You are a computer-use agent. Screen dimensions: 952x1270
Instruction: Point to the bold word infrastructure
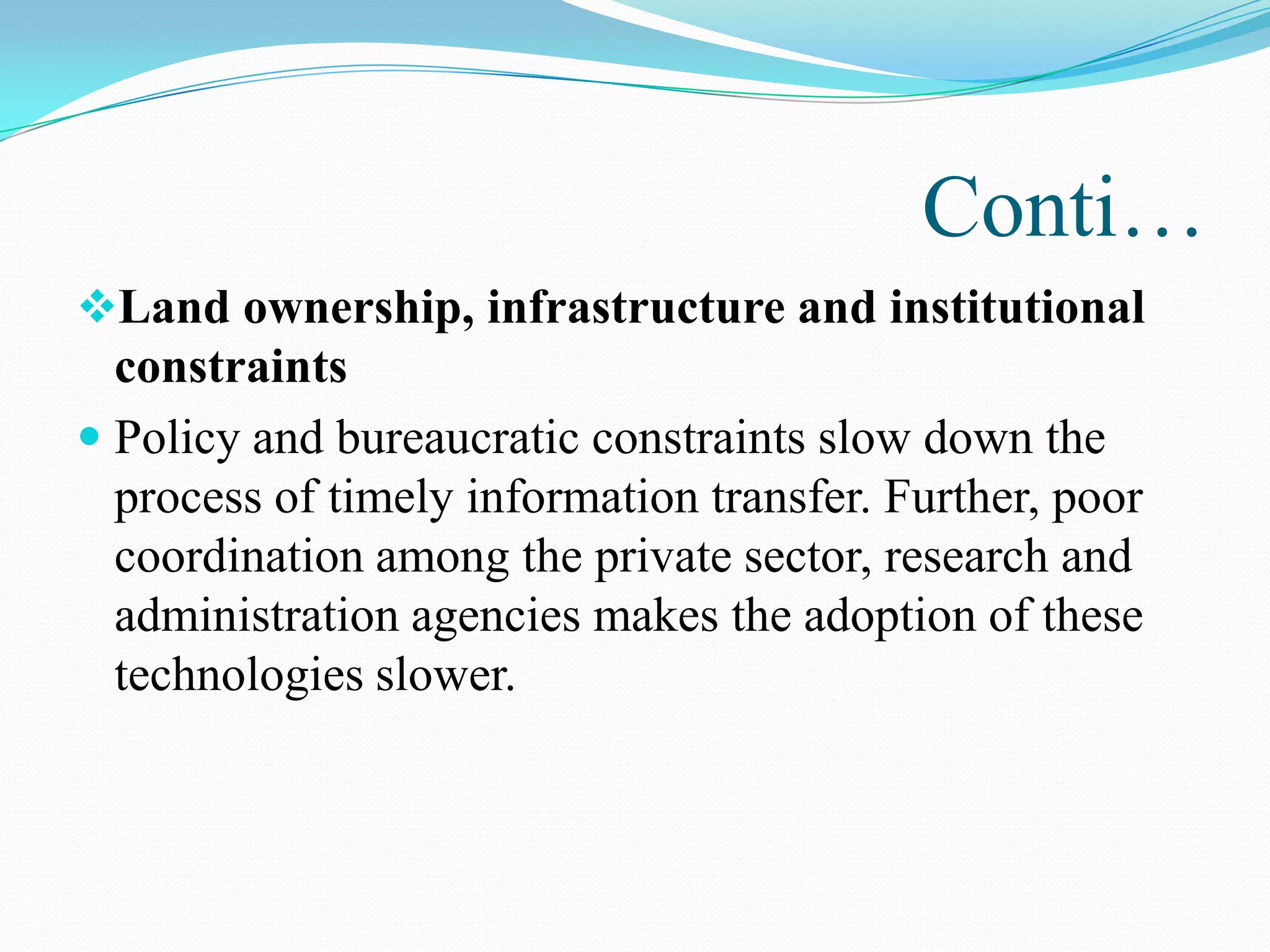(x=636, y=308)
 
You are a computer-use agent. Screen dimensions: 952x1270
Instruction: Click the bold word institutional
(x=1017, y=308)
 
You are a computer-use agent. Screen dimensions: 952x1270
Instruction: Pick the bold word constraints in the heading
(x=231, y=367)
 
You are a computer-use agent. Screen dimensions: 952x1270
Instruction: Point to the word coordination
(x=239, y=556)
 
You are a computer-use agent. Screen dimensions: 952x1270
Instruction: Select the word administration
(x=257, y=615)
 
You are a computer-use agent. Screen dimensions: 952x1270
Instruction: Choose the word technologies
(x=239, y=676)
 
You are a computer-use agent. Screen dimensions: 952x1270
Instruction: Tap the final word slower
(x=446, y=674)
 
